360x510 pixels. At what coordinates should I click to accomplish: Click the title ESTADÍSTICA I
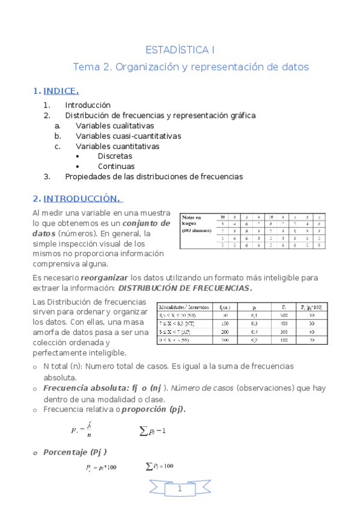[x=180, y=49]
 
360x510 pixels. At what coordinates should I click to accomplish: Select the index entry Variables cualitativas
[x=115, y=126]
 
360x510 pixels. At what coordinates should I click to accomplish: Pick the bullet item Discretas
[x=115, y=156]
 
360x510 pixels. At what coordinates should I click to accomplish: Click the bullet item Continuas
[x=116, y=167]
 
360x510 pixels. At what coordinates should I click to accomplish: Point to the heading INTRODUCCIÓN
[x=82, y=198]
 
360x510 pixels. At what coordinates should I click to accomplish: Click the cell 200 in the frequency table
[x=224, y=331]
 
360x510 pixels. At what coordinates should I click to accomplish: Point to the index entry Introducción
[x=88, y=105]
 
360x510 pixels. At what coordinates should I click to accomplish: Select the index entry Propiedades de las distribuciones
[x=154, y=177]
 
